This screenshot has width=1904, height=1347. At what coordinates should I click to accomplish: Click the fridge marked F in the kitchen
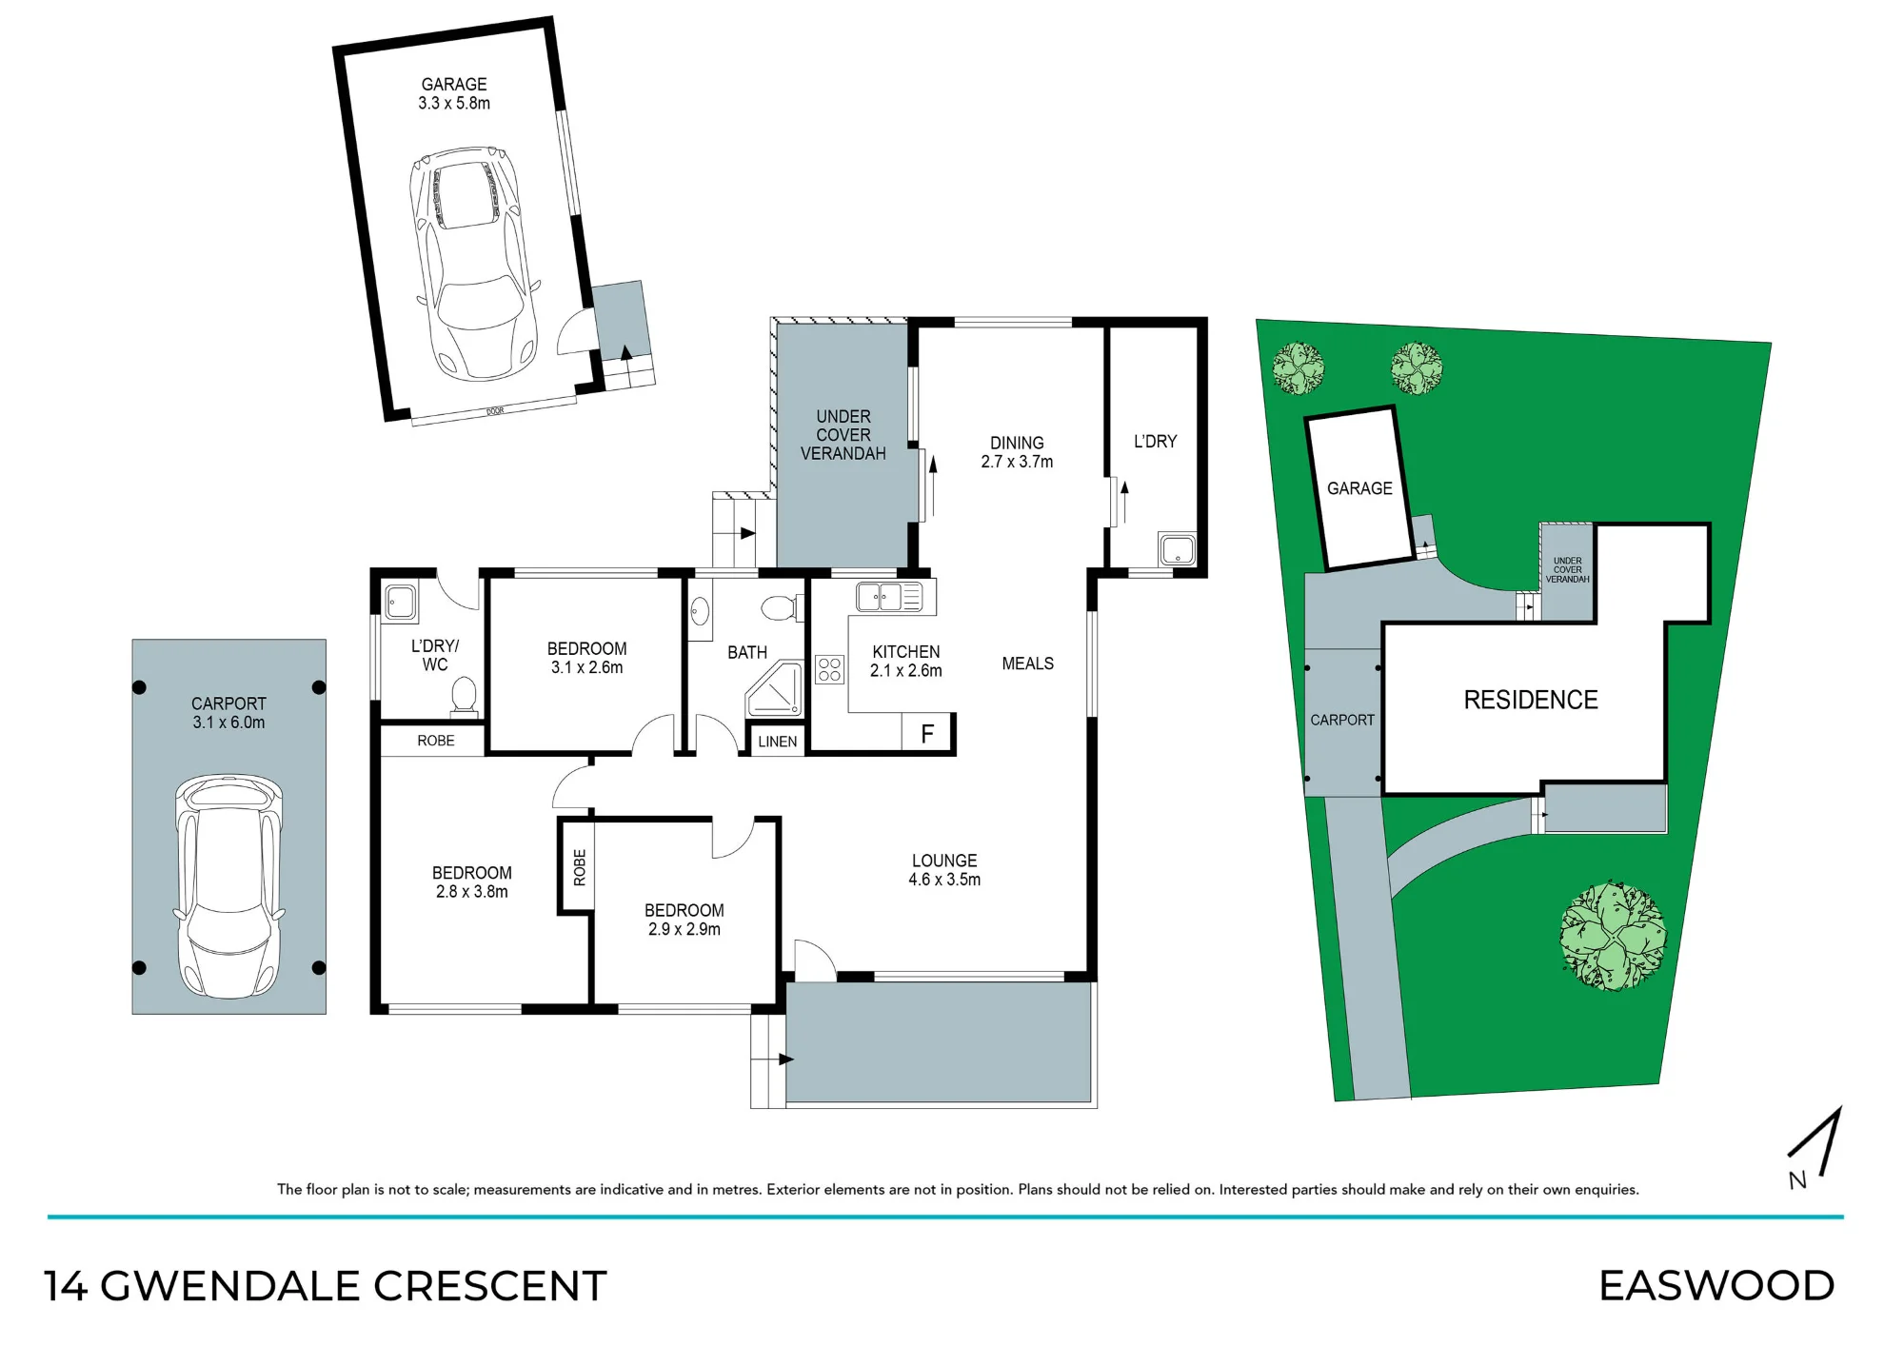(x=927, y=733)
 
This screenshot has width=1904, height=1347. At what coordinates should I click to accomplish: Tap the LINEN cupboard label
(x=778, y=742)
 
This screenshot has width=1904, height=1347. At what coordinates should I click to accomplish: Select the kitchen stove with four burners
(x=829, y=669)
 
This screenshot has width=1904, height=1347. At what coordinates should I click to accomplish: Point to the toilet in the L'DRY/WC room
(x=464, y=694)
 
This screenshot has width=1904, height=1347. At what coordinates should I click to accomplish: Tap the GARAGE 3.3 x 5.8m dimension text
(x=454, y=93)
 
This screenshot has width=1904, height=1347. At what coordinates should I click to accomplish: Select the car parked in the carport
(x=228, y=885)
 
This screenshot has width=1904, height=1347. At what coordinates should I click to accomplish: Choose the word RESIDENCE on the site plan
(x=1531, y=700)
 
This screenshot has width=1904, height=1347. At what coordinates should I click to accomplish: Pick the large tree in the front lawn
(x=1613, y=936)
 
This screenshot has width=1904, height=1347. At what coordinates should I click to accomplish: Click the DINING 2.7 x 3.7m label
(x=1017, y=452)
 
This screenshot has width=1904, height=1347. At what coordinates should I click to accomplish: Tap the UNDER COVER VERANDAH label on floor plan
(x=843, y=435)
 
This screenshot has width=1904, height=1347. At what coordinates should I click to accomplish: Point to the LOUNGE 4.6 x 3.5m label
(x=944, y=870)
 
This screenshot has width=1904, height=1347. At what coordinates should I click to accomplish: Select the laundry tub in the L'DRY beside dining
(x=1177, y=549)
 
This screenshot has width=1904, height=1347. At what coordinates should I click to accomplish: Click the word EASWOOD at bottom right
(x=1716, y=1286)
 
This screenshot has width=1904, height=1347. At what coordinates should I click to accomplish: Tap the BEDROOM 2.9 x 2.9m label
(x=684, y=920)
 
